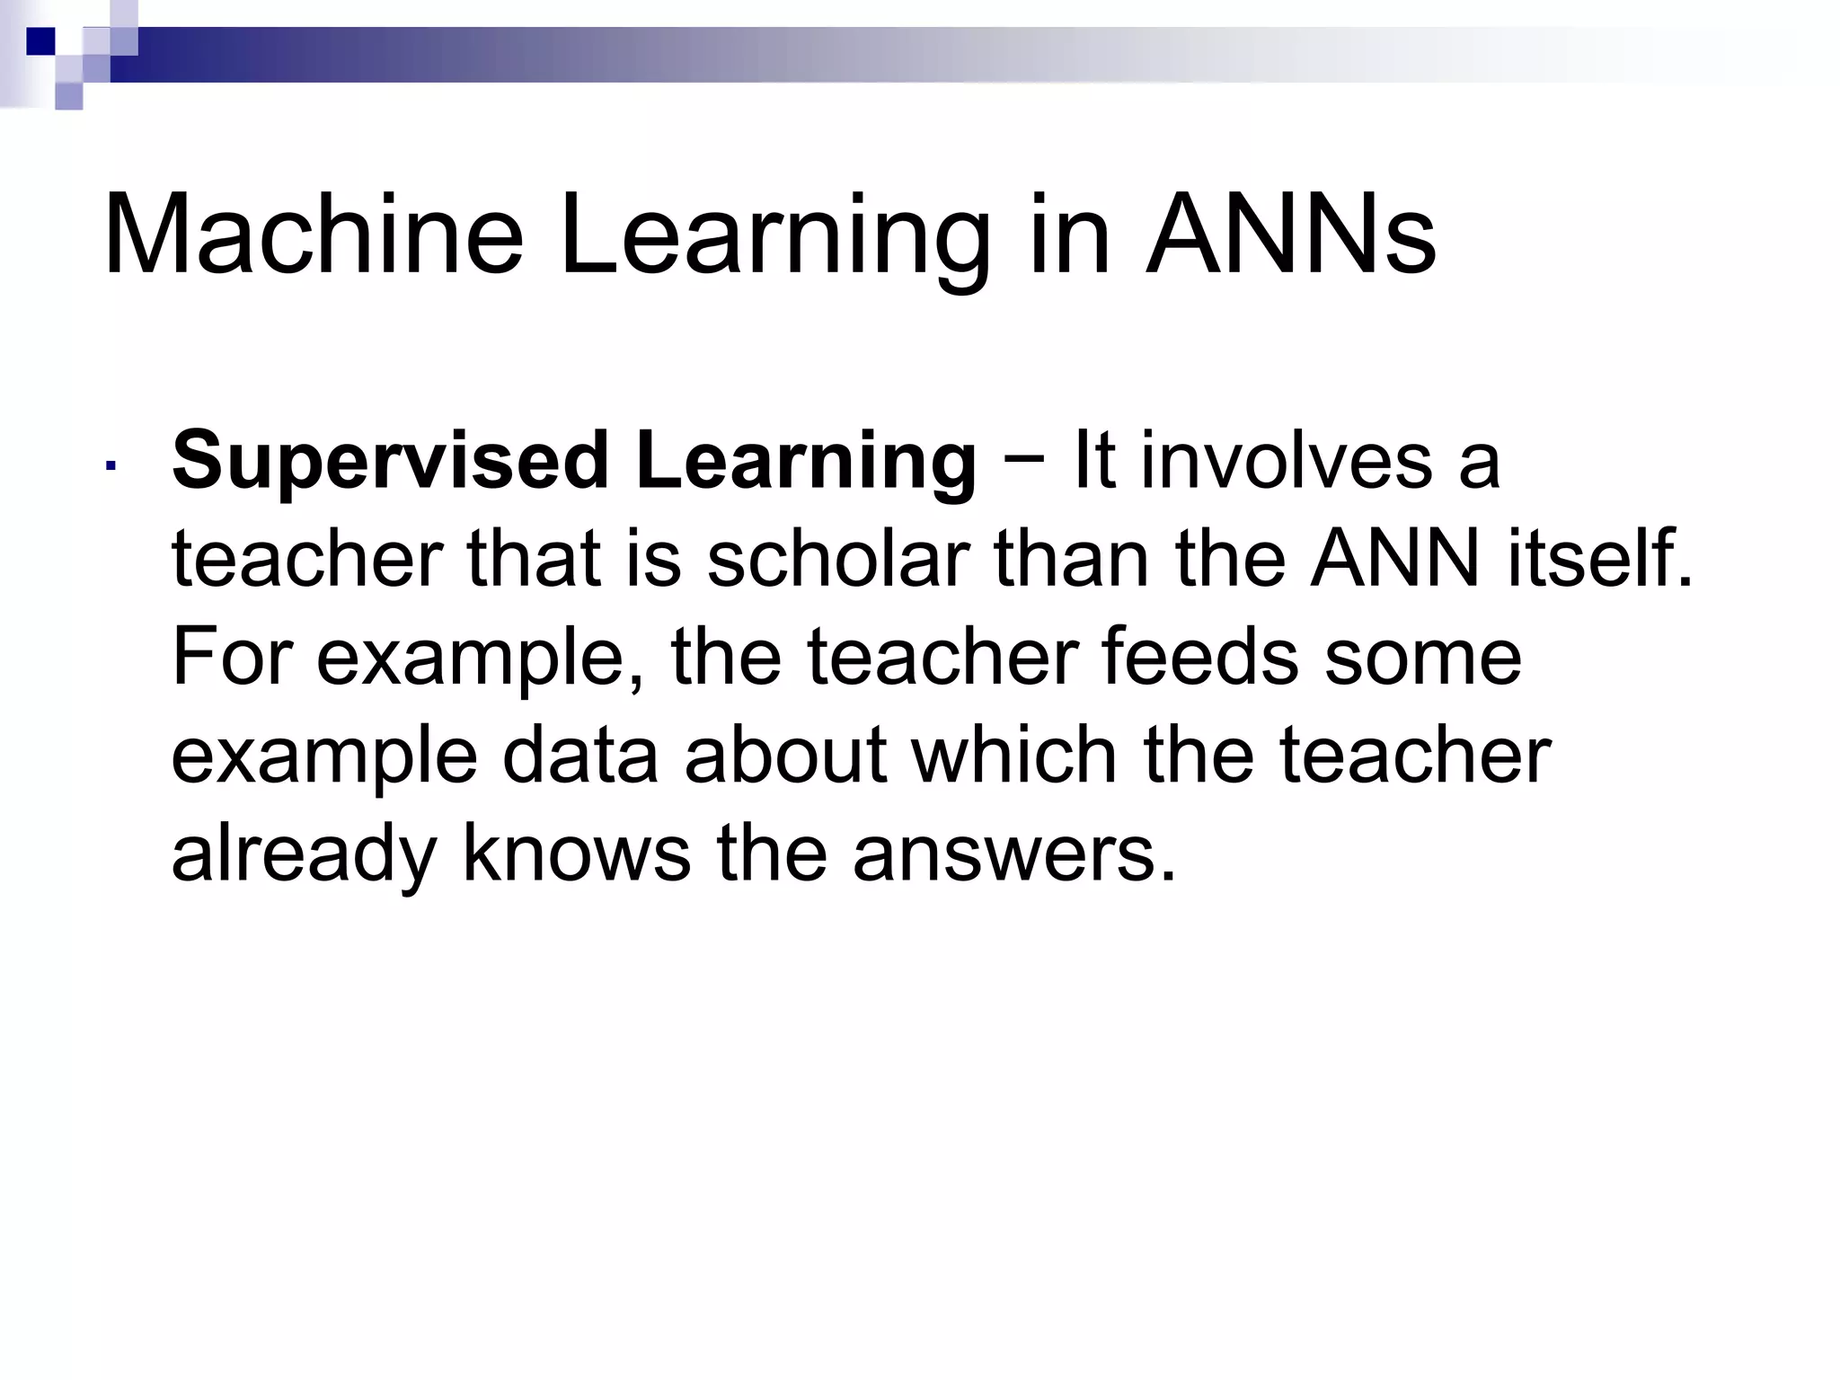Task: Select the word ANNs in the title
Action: click(x=1290, y=235)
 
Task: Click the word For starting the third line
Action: click(x=230, y=657)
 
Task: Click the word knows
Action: click(x=576, y=853)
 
